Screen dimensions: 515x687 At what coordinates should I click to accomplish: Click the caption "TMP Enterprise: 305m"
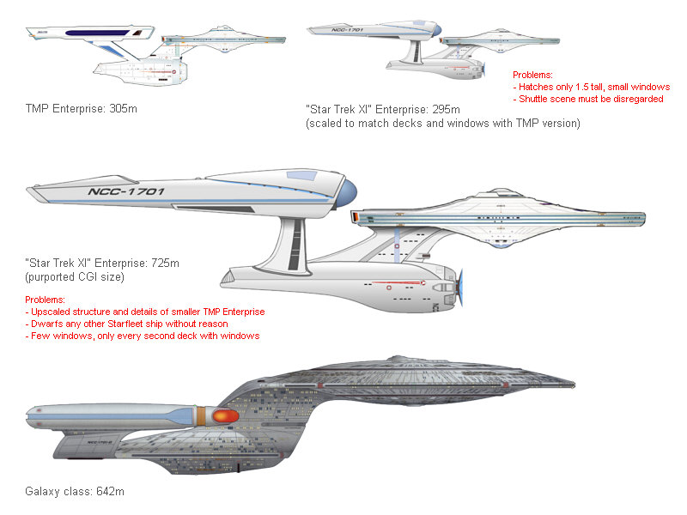pyautogui.click(x=82, y=109)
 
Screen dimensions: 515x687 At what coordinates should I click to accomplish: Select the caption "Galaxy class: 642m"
pyautogui.click(x=76, y=492)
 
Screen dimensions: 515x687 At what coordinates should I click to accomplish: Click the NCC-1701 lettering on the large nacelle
pyautogui.click(x=126, y=191)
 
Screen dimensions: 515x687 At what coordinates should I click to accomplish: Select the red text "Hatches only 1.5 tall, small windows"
pyautogui.click(x=593, y=88)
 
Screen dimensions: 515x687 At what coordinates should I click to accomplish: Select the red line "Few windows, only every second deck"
pyautogui.click(x=144, y=336)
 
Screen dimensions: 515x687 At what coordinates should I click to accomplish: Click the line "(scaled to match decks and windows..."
pyautogui.click(x=442, y=123)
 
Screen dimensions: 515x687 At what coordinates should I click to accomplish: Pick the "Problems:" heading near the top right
pyautogui.click(x=532, y=76)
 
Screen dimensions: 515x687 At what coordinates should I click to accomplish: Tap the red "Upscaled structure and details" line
pyautogui.click(x=146, y=312)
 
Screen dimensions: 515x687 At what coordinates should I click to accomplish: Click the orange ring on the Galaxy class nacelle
pyautogui.click(x=201, y=415)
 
